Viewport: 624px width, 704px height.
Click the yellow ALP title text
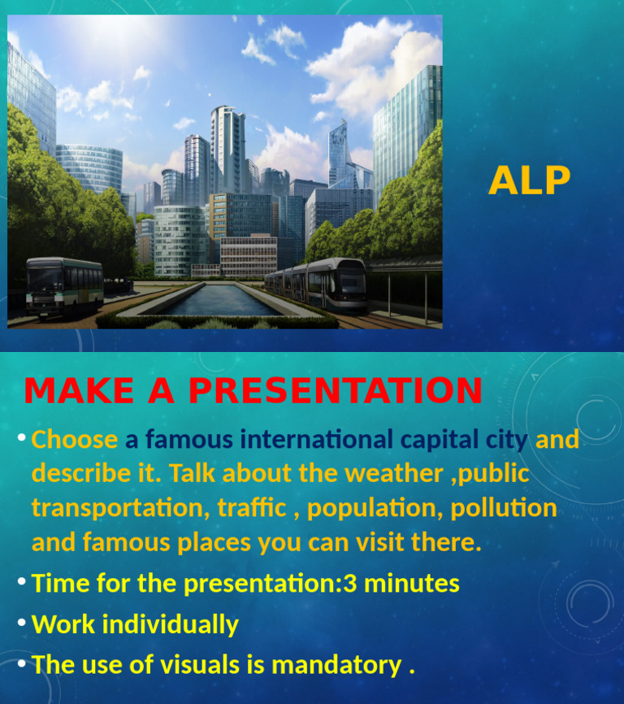[529, 180]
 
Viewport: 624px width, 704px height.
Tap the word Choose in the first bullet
[75, 440]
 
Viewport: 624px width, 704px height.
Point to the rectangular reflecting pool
[218, 300]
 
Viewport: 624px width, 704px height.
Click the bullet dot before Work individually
[22, 623]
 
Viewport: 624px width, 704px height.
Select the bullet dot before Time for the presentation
[22, 581]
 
